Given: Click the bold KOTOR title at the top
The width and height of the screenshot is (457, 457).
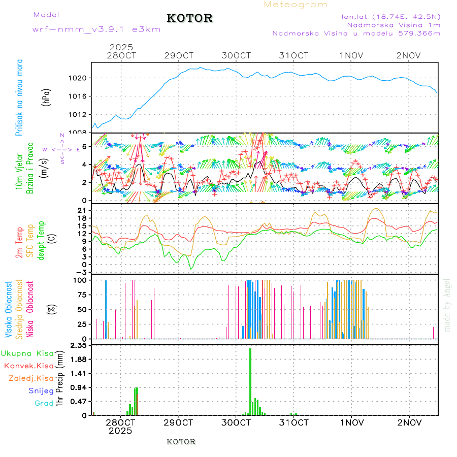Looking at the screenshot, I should point(190,18).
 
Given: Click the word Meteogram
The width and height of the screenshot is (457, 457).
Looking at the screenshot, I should point(296,5).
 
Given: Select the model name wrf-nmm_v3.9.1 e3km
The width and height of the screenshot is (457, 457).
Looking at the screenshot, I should point(96,29).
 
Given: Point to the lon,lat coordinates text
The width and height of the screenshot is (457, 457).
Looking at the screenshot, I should point(391,16).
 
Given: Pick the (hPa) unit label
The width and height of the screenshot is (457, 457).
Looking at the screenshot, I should point(46,97).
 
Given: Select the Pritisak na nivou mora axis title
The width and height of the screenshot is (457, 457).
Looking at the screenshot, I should point(19,97).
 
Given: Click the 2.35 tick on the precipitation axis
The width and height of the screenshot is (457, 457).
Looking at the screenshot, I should point(79,345).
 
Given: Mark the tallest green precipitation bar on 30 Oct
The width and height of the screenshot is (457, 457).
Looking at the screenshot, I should point(250,381).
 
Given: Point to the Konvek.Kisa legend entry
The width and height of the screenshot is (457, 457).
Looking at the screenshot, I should point(29,366).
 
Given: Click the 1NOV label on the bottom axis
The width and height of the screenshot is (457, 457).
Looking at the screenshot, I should point(352,422).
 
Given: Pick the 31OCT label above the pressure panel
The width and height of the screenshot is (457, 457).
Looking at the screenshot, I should point(294,55).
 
